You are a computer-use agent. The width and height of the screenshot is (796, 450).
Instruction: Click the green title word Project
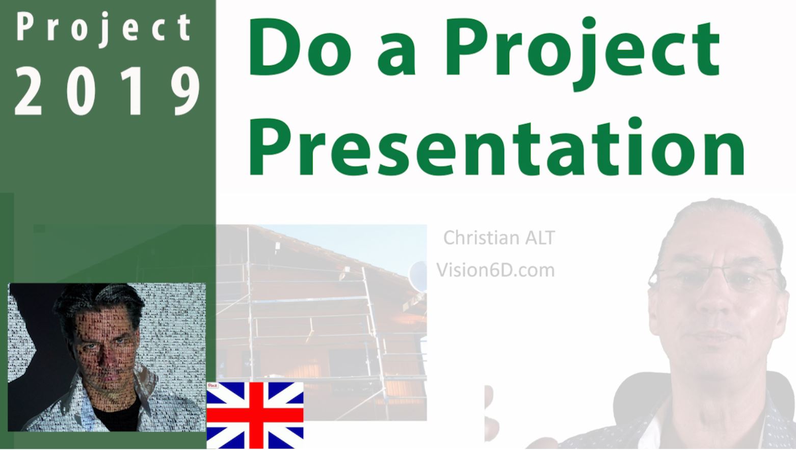[x=583, y=54]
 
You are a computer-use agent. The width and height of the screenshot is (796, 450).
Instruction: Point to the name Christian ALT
[x=499, y=238]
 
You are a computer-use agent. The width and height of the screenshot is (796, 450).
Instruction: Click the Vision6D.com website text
[x=495, y=270]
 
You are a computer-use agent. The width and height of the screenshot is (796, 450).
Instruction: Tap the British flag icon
[x=255, y=415]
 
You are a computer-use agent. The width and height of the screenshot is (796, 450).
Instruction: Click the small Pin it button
[x=213, y=385]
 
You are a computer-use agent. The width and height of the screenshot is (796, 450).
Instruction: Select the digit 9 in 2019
[x=185, y=91]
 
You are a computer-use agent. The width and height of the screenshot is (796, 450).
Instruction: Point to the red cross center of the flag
[x=255, y=415]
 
